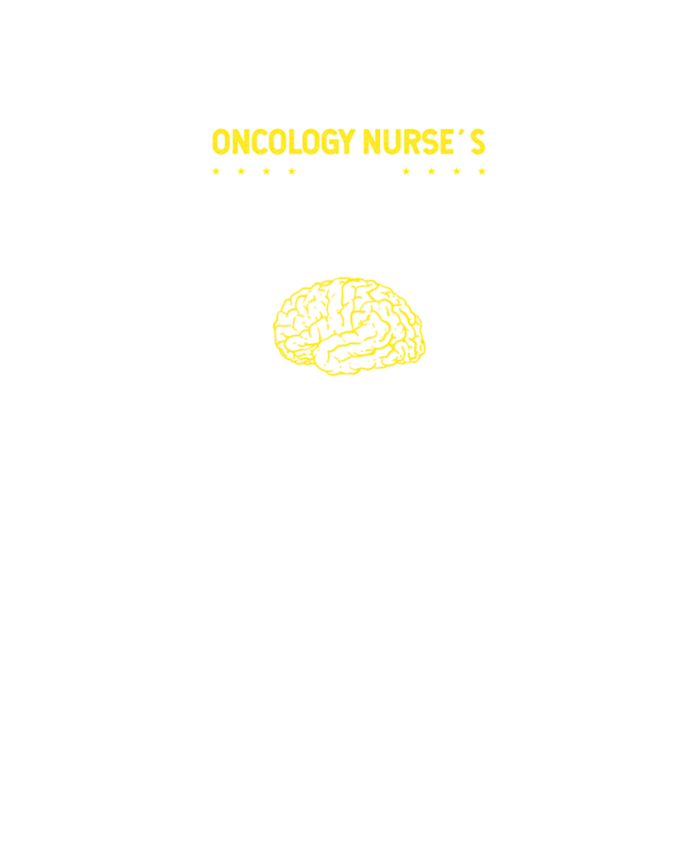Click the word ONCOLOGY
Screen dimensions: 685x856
point(284,141)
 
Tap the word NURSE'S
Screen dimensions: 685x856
point(424,141)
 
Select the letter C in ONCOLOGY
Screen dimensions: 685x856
point(260,141)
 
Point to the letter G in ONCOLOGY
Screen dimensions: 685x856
point(330,141)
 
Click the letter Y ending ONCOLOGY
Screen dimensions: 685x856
point(347,141)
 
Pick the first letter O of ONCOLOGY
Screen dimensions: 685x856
point(221,141)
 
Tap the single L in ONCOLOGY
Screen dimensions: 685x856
point(295,141)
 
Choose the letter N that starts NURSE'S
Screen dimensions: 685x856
point(371,141)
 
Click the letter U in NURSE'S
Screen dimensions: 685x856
point(392,142)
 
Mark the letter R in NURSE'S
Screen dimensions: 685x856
point(412,141)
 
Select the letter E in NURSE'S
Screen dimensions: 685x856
point(447,141)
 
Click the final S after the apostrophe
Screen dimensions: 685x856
point(478,141)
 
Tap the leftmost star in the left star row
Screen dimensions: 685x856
point(216,171)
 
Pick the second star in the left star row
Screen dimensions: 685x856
point(241,171)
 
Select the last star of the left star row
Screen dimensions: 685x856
point(292,171)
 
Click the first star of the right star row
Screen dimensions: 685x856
point(406,171)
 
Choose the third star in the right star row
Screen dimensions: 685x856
point(456,171)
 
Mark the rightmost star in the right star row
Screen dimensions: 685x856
point(482,171)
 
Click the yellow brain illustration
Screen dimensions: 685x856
point(349,327)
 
